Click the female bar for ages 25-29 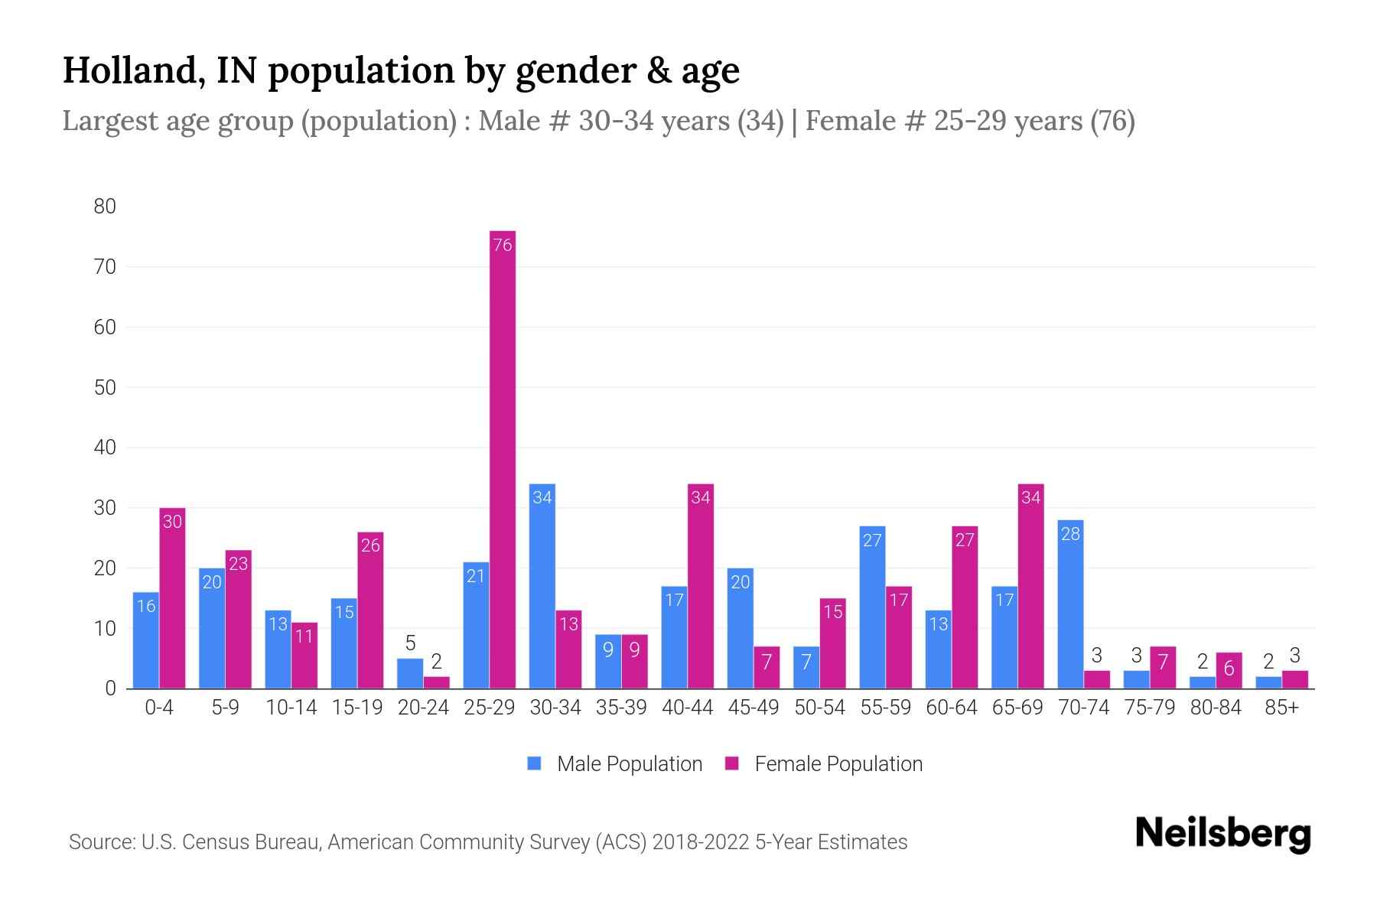503,459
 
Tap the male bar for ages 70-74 1070,604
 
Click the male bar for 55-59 872,607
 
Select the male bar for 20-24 410,673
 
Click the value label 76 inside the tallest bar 503,245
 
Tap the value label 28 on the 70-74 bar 1070,534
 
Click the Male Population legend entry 615,763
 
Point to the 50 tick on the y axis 105,387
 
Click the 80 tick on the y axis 105,206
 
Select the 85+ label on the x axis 1281,708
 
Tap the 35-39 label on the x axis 621,708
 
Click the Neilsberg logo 1222,834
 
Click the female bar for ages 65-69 1030,586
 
